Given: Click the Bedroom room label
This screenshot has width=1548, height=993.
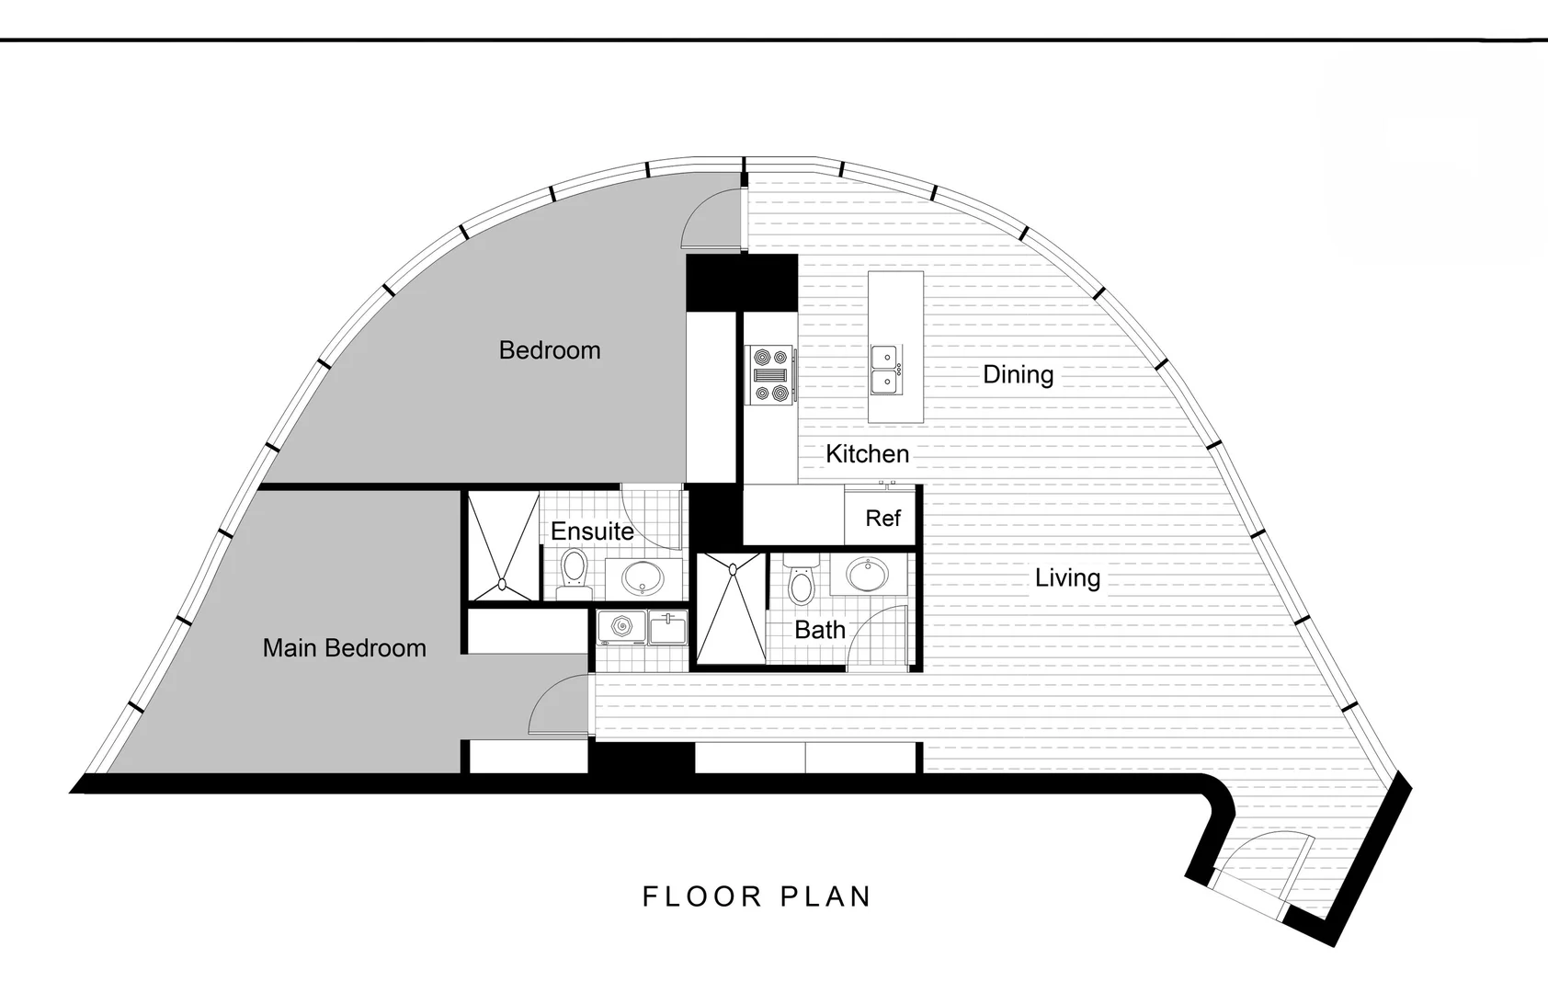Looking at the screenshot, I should click(549, 350).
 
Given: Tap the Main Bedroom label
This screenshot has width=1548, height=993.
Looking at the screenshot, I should click(344, 648).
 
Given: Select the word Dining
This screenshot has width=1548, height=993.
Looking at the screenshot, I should click(1018, 374).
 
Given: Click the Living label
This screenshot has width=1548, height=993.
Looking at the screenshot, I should click(1067, 577).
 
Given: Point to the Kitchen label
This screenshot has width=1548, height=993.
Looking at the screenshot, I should click(867, 453).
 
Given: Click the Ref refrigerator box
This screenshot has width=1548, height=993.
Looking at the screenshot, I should click(882, 519).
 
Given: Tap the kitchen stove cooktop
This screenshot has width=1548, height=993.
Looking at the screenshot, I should click(770, 374).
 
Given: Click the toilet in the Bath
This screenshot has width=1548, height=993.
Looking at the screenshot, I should click(801, 580).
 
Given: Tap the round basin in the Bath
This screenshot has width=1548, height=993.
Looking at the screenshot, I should click(866, 576).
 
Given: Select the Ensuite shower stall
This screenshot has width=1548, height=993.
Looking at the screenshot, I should click(503, 546).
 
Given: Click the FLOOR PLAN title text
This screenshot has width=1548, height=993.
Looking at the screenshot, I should click(756, 896).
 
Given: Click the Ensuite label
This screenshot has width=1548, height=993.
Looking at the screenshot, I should click(592, 531).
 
